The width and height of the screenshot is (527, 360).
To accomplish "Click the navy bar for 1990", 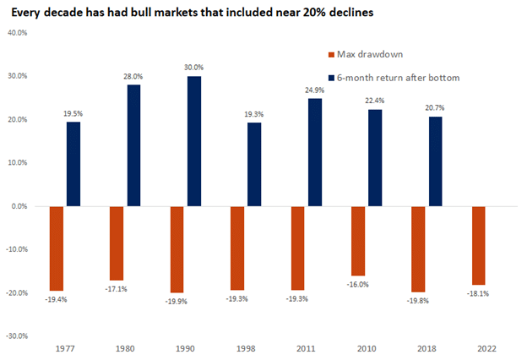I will (x=193, y=141).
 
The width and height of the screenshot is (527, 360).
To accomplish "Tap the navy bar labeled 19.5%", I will (x=73, y=164).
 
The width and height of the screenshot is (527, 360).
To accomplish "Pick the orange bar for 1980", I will (x=117, y=243).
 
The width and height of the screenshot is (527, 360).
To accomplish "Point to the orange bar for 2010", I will (x=358, y=240).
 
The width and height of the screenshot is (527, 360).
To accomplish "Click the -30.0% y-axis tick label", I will (x=16, y=335).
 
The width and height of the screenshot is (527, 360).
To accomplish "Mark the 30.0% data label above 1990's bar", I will (x=193, y=67).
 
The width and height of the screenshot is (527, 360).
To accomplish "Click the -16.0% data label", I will (x=358, y=285).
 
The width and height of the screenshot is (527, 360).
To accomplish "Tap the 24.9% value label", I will (x=314, y=90).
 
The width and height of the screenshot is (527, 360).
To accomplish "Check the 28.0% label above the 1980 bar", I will (x=133, y=75).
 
